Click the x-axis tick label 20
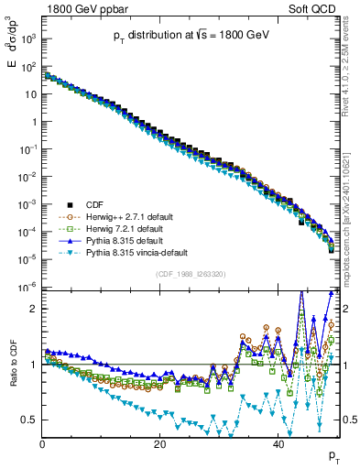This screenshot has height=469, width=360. pyautogui.click(x=159, y=445)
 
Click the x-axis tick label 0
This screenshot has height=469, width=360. pyautogui.click(x=42, y=445)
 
